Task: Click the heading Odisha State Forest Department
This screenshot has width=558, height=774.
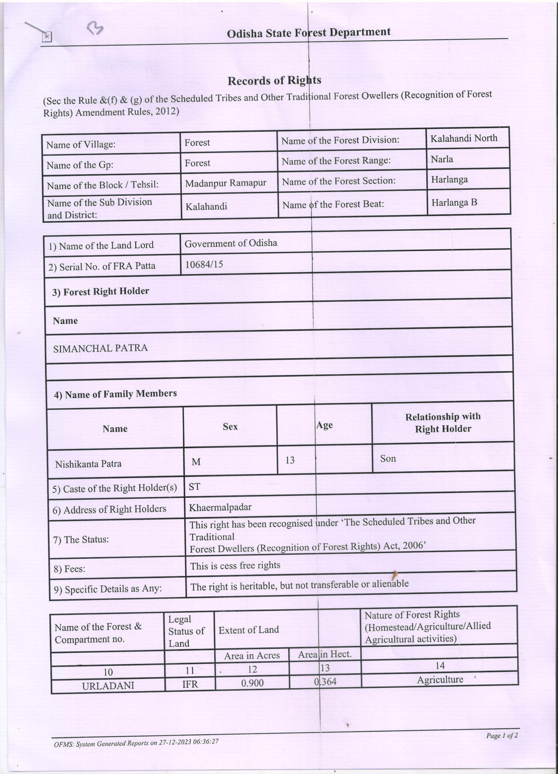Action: (x=309, y=33)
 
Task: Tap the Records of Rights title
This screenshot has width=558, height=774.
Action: (x=274, y=81)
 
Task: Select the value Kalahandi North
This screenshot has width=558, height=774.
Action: (x=464, y=138)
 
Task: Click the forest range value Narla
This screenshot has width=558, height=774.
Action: (x=442, y=159)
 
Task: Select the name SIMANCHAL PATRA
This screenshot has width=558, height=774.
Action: (x=100, y=348)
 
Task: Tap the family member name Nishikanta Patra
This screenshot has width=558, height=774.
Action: (x=88, y=464)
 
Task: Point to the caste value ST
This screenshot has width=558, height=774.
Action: (x=194, y=487)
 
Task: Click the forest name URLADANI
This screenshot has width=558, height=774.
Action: (x=108, y=686)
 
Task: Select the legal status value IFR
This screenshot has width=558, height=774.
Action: (x=190, y=684)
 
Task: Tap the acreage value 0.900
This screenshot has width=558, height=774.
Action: (x=252, y=683)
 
